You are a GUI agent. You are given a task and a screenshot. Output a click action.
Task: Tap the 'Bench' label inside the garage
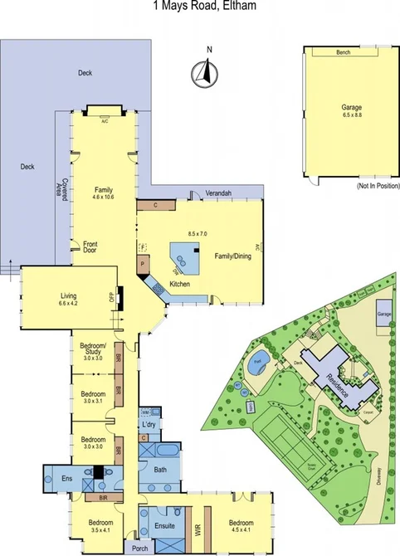coord(343,52)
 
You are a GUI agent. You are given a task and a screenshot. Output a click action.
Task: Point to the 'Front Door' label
coord(90,247)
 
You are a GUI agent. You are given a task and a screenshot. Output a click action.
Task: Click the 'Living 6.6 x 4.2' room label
coord(68,299)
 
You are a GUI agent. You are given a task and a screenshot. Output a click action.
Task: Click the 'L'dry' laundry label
coord(149,425)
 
